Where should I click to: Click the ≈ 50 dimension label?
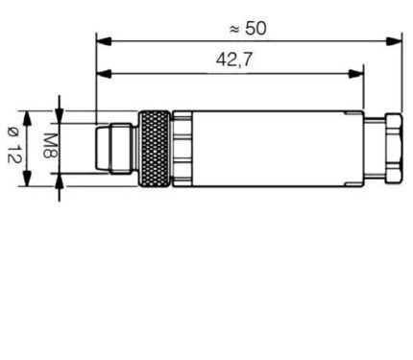(248, 28)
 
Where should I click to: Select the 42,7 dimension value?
(234, 60)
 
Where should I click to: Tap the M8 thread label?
(50, 146)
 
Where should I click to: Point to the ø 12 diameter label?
(14, 145)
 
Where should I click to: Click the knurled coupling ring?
(154, 148)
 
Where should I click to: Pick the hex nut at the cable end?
(394, 148)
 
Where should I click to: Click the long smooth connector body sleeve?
(278, 148)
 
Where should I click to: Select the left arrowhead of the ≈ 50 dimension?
(104, 41)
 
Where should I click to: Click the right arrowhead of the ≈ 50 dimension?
(394, 41)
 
